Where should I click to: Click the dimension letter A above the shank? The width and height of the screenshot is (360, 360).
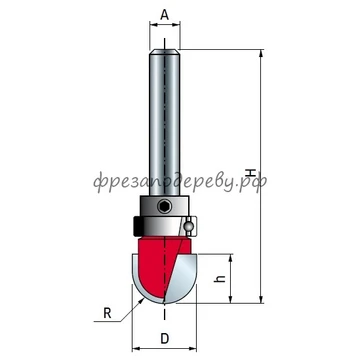pos(165,15)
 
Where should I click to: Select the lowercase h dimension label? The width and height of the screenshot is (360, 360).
pos(219,279)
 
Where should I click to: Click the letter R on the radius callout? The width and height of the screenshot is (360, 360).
pos(107,313)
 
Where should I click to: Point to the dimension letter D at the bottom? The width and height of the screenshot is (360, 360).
pos(164,339)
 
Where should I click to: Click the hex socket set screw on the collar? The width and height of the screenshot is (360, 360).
pos(164,207)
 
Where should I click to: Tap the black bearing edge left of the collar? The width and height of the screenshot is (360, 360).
pos(136,226)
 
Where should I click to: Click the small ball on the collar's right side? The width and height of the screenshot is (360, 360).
pos(188,226)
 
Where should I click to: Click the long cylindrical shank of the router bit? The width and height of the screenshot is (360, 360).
pos(165,122)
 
